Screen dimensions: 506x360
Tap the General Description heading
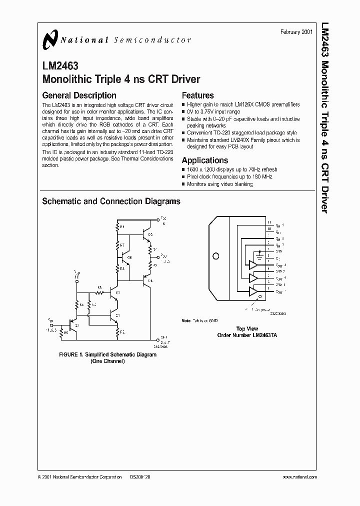(79, 95)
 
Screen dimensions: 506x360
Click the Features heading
(197, 95)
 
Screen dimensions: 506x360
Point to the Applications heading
(204, 160)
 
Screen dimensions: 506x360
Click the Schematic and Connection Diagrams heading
(111, 201)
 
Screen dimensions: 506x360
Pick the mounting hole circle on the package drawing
(215, 256)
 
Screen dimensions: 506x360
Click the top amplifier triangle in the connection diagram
(254, 264)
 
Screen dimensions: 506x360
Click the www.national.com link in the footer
(298, 477)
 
